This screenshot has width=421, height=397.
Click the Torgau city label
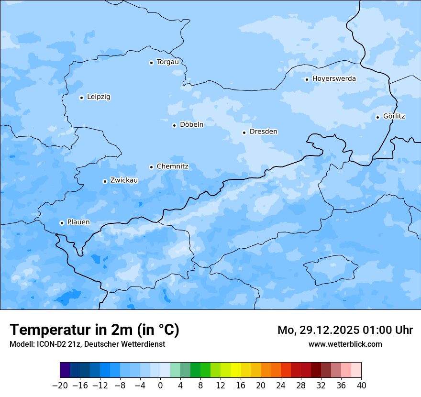click(167, 62)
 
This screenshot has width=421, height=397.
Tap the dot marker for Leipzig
click(81, 98)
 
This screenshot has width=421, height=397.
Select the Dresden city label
click(263, 132)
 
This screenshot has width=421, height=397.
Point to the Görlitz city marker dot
click(377, 117)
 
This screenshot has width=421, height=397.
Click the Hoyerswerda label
click(334, 79)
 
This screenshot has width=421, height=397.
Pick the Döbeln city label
click(191, 125)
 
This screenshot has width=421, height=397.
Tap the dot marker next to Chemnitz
click(151, 167)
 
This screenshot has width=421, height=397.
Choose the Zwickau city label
click(124, 180)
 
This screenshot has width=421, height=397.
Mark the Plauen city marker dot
click(62, 223)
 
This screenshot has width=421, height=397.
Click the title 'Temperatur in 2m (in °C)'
click(94, 330)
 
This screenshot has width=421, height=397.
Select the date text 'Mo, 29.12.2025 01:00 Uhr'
click(345, 330)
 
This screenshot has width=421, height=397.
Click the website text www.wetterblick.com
click(345, 344)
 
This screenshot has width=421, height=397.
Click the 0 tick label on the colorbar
click(160, 386)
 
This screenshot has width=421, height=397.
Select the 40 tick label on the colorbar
click(361, 386)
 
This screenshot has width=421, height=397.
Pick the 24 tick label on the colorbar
click(281, 386)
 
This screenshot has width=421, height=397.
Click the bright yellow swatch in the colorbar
click(235, 370)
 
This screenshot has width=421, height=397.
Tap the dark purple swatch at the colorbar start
click(65, 370)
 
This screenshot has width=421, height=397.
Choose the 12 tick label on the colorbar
click(221, 386)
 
